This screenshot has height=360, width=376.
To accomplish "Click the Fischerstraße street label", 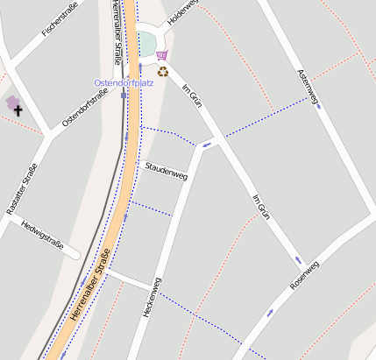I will point(60,19).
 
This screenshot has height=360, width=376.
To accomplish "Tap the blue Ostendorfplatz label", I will point(124,82).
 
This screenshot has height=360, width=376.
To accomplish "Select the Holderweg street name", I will point(184,11).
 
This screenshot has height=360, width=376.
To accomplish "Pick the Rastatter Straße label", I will point(23,190).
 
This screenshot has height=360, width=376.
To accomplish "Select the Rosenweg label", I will point(305,276).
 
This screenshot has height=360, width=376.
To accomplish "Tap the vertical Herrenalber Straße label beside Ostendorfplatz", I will point(116,33).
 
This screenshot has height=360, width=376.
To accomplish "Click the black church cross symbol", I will point(18,111).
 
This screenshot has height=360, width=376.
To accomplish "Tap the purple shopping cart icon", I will point(161,54).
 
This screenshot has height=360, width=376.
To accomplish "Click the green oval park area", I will point(145,43).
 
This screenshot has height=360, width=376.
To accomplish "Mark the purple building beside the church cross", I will point(11,102).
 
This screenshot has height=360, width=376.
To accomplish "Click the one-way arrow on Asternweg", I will point(318,106).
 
